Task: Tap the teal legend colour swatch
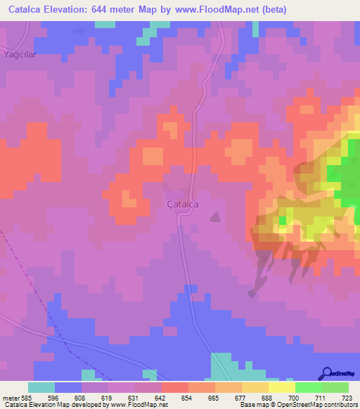tap(41, 387)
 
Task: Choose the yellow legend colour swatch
tap(282, 387)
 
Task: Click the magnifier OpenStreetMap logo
tap(327, 373)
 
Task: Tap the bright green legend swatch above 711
tap(309, 387)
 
